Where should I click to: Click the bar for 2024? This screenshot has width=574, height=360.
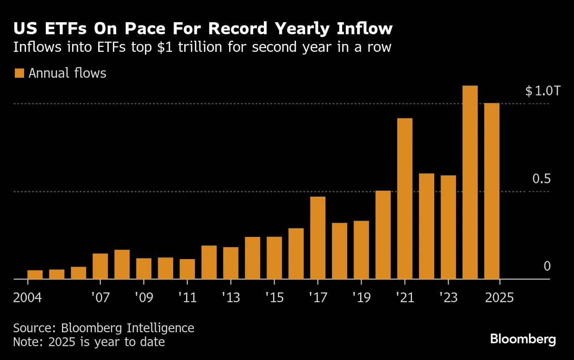tap(470, 182)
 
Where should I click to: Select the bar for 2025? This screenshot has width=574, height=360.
tap(492, 191)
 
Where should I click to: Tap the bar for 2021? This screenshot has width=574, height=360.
tap(405, 199)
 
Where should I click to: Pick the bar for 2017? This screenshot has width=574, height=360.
tap(318, 238)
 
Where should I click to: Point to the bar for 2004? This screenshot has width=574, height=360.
tap(35, 274)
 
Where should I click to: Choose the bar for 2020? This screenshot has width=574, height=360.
tap(383, 235)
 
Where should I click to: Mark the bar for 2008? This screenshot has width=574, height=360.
tap(122, 264)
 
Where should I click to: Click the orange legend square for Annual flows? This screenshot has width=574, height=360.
tap(19, 73)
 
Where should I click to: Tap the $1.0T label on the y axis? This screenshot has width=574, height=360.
tap(543, 91)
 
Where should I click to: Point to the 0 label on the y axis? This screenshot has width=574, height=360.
tap(547, 266)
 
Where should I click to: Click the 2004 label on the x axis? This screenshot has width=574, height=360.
tap(27, 297)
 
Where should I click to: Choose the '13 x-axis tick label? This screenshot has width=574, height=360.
tap(231, 297)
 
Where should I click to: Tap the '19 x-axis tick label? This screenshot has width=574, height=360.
tap(361, 297)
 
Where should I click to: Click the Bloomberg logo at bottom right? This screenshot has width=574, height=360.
tap(523, 339)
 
